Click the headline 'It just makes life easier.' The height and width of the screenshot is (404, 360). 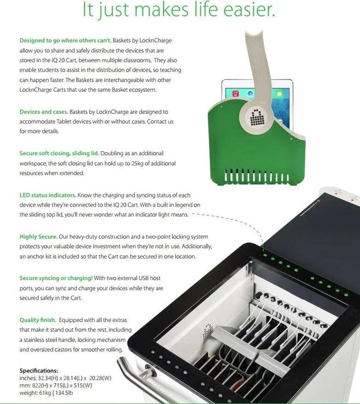178,9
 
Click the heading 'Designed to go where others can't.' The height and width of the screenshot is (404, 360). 65,40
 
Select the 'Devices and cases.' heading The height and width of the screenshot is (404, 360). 44,112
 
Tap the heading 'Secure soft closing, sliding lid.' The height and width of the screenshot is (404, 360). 59,154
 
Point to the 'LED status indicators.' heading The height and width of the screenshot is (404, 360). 48,195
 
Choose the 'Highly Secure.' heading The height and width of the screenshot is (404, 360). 39,237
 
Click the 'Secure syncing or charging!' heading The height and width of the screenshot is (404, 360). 56,278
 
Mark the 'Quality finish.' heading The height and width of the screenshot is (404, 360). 38,320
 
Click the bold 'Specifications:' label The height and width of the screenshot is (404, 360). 39,371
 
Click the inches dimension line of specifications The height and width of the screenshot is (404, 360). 65,378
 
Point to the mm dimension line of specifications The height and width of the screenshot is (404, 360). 55,386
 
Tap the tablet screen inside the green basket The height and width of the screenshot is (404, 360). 257,103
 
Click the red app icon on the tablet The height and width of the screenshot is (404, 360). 235,93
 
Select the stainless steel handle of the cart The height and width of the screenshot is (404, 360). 139,379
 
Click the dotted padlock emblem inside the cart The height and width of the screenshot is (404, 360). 208,331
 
